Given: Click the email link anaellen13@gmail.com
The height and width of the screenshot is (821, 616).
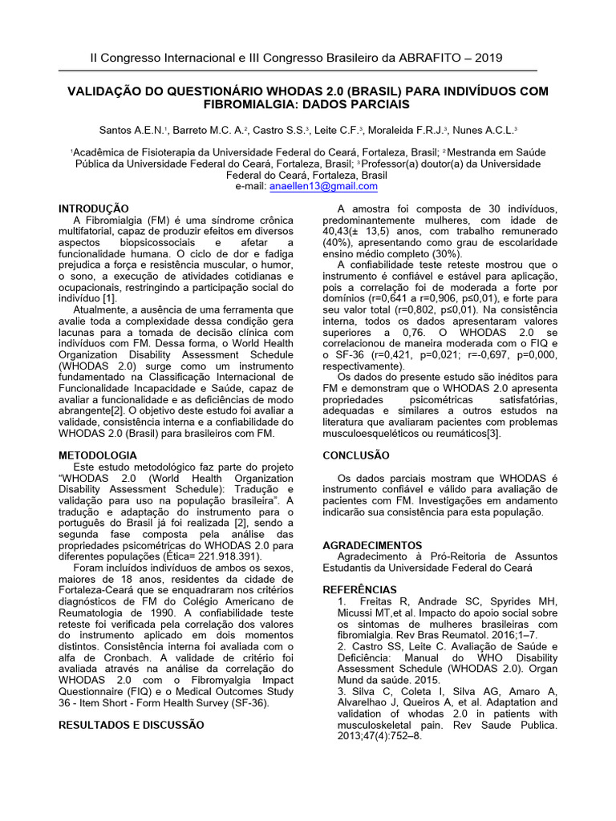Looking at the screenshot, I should tap(323, 186).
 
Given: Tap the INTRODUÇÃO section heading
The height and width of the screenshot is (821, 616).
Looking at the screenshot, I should tap(94, 208).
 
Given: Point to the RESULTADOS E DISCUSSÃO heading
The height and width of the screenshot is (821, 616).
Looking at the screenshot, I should tap(132, 725).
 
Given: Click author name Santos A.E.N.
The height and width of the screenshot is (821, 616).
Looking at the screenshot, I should tap(131, 130).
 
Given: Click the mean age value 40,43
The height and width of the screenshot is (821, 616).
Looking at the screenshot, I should tap(338, 231).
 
